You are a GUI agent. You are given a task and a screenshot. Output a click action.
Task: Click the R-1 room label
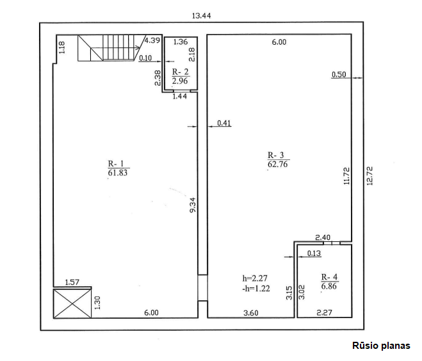116,164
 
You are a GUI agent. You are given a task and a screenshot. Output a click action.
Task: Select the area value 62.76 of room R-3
278,164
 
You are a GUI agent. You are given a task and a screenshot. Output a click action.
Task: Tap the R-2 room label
181,72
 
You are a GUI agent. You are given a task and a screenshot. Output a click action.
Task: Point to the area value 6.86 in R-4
329,286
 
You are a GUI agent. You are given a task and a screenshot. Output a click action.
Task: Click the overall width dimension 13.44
201,16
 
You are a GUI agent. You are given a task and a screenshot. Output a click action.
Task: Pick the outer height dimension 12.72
369,176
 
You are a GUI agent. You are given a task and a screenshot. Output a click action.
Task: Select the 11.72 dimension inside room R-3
346,176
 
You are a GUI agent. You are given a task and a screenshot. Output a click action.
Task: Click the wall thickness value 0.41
224,123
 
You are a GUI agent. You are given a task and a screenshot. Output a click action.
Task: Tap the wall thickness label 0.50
339,74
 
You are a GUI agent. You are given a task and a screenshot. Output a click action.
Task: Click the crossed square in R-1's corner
72,303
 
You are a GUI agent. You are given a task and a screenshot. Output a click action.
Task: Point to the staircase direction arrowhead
138,48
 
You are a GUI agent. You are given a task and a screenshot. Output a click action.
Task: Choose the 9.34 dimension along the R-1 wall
193,205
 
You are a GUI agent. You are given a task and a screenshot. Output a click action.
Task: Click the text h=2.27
255,278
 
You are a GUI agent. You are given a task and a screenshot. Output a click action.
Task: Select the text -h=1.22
256,289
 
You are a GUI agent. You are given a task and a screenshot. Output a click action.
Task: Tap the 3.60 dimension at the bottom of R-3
251,313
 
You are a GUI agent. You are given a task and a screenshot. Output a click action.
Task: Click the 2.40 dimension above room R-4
323,237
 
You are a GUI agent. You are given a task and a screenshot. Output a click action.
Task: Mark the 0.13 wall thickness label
314,253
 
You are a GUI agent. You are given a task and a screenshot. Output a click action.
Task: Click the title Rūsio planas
382,346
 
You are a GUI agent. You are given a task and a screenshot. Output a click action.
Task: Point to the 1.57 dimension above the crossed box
72,282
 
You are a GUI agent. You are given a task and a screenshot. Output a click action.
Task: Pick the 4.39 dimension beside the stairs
152,40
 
